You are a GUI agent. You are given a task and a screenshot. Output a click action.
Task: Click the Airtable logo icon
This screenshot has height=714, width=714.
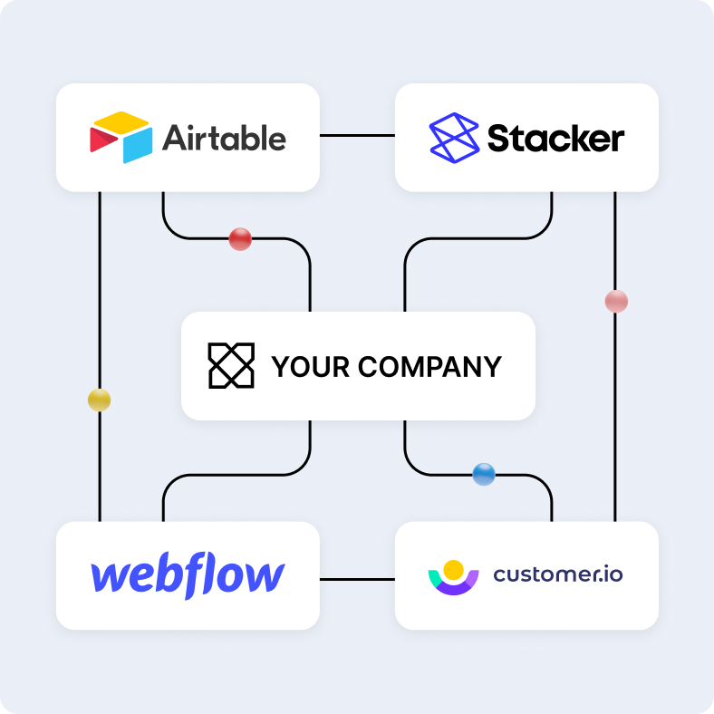point(121,138)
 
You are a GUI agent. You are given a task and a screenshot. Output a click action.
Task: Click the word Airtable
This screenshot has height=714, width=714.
point(224,138)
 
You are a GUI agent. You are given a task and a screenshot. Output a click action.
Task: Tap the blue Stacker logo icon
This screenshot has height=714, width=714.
point(453,138)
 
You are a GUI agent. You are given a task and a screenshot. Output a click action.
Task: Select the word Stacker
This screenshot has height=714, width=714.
point(555,139)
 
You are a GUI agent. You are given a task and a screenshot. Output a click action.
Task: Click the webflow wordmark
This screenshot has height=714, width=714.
point(188,575)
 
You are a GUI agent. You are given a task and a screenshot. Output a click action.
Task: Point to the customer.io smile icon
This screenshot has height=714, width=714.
point(453,577)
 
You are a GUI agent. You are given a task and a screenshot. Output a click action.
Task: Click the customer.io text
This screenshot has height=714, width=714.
point(558,574)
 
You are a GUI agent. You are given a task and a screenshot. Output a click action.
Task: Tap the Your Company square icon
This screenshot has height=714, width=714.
point(231,366)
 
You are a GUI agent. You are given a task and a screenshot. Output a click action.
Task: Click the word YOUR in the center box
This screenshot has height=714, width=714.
point(310,366)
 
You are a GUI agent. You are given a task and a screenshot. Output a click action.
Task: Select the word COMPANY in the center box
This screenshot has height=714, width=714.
point(429,366)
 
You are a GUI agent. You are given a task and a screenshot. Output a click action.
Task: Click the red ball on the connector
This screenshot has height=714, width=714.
point(240,239)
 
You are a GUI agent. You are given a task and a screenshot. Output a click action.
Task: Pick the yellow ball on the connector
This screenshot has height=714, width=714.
point(99,400)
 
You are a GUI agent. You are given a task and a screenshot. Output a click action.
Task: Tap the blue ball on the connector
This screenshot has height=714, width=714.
point(484,474)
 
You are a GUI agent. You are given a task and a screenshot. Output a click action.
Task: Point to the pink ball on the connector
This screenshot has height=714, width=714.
point(616,302)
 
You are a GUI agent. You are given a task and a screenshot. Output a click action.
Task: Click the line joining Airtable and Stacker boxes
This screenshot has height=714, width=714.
point(357,136)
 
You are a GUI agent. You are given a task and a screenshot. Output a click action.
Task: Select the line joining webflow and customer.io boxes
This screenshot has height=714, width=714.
point(357,577)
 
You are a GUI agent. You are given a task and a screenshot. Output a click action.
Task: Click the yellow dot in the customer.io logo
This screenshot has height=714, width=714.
point(454,569)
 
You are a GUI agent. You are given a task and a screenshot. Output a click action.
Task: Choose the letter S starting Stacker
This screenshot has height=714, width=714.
point(499,139)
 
